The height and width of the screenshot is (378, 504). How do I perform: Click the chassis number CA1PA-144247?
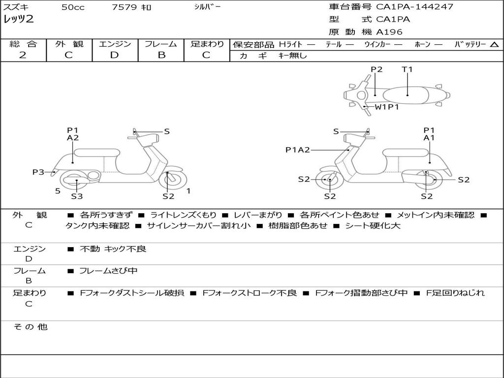[414, 7]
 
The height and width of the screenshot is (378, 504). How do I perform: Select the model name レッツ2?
[19, 20]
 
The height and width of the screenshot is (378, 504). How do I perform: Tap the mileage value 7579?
[125, 7]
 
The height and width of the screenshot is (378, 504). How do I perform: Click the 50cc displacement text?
[73, 7]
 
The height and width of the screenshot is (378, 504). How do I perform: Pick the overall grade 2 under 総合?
[23, 55]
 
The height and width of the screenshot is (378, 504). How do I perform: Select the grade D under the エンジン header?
[115, 55]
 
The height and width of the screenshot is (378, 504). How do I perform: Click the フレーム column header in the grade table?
[161, 44]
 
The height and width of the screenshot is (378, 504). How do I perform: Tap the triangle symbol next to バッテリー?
[494, 45]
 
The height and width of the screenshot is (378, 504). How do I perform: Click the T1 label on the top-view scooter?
[407, 69]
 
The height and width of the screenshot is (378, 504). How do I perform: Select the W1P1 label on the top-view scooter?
[387, 107]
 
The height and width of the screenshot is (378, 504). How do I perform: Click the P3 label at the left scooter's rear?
[38, 172]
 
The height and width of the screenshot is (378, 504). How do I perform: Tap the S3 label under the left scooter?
[77, 196]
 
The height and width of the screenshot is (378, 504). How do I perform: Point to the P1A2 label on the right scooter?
[298, 150]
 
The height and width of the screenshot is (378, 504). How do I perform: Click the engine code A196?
[389, 32]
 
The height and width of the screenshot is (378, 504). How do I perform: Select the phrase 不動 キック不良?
[113, 249]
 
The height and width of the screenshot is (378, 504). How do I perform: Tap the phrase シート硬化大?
[366, 226]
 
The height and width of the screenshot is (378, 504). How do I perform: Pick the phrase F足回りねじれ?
[455, 293]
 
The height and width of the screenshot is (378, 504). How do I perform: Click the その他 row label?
[30, 327]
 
